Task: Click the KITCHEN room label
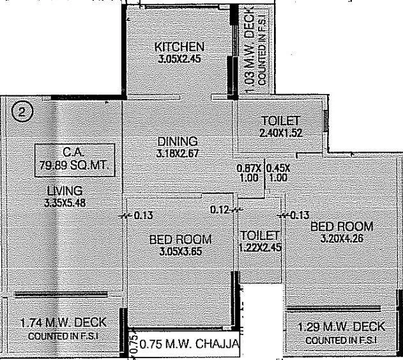tap(179, 47)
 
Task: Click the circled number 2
tap(22, 113)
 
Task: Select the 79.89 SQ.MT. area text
tap(75, 165)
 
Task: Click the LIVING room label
tap(64, 191)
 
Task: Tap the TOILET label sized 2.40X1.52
tap(280, 121)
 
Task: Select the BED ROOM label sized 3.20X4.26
tap(341, 226)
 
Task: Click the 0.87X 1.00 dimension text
tap(248, 173)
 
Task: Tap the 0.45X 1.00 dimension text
tap(278, 173)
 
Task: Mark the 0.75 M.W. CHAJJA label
tap(189, 346)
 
